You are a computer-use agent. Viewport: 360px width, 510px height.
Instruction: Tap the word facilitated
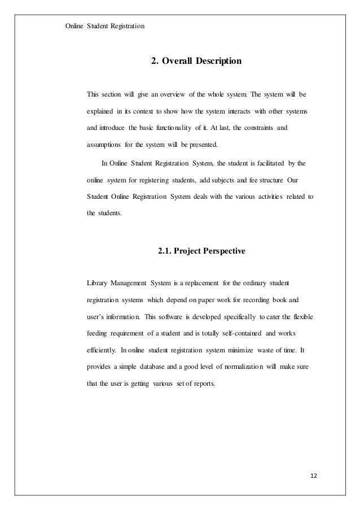click(271, 164)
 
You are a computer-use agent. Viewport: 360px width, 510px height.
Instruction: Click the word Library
click(99, 282)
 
